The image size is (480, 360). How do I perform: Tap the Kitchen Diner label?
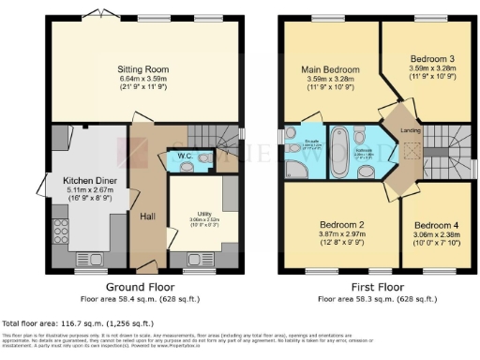[88, 179]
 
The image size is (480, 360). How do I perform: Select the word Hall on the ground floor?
[147, 217]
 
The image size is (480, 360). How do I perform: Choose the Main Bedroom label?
[329, 69]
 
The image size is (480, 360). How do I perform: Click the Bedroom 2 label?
[340, 225]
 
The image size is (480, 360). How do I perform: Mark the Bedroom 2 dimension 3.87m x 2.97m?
[340, 235]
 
